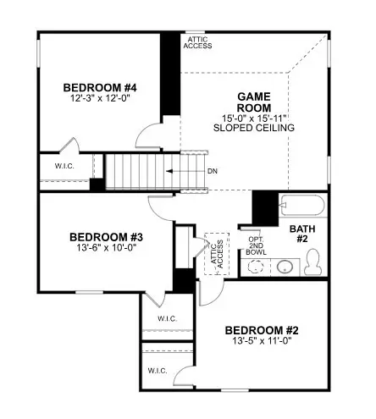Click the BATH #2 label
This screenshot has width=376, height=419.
(x=303, y=234)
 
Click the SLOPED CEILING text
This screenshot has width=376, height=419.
(x=253, y=128)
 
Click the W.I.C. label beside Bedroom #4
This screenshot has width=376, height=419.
(x=64, y=166)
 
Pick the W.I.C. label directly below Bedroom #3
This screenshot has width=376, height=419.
(x=166, y=318)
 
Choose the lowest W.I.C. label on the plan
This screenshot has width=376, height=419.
(x=157, y=371)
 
